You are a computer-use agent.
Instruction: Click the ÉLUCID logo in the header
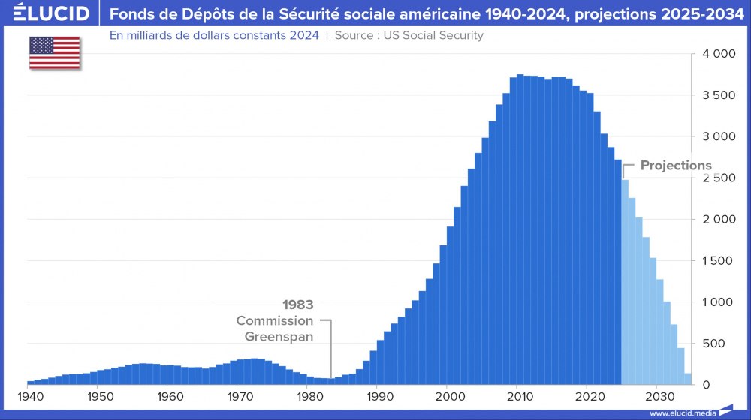46,13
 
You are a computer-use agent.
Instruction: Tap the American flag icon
55,52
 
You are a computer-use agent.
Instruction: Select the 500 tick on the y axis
719,343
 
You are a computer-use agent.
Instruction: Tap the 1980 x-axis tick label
308,396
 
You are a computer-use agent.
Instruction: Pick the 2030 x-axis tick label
657,396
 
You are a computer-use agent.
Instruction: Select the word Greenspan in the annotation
279,336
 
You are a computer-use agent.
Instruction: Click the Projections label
676,166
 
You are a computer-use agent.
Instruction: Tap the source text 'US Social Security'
434,35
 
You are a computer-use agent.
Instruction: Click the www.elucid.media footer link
681,412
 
